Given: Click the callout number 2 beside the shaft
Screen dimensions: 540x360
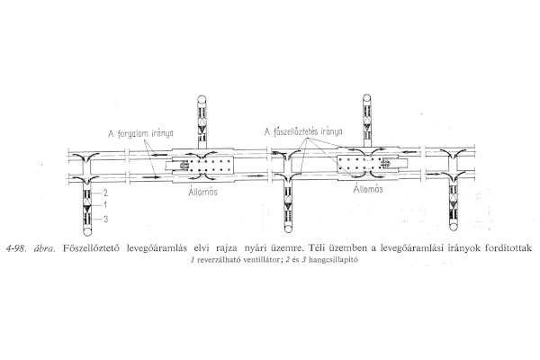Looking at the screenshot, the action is [105, 193].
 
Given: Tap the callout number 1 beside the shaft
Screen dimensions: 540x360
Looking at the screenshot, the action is [105, 205].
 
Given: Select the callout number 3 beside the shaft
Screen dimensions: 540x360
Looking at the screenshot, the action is [105, 219].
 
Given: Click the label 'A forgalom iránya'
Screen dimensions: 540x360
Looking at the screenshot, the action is [140, 134].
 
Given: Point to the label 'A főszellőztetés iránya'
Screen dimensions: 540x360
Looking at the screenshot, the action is [303, 132].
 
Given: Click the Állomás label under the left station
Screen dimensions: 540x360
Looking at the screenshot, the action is [202, 191].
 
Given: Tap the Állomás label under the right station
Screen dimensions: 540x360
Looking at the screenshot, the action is [368, 189].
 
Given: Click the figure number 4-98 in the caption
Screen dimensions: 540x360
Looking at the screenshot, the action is [16, 248].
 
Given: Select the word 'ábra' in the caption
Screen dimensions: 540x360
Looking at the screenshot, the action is [44, 248].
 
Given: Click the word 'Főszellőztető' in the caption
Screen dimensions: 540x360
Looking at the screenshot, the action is [91, 248].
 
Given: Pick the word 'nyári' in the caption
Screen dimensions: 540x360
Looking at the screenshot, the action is [253, 248].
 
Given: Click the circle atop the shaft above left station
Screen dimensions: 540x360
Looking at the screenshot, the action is [202, 99].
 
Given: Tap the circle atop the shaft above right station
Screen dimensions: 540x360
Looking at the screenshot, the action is [367, 98].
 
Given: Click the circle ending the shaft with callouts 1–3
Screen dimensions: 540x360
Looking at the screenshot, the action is [88, 231].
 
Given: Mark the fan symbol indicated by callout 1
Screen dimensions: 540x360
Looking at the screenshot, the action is [88, 206].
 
